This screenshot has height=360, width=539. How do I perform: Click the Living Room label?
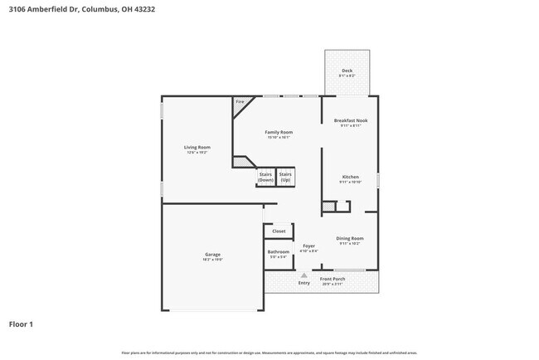tap(197, 148)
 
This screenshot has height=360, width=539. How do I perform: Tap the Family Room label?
tap(279, 132)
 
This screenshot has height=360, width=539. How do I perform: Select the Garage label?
tap(213, 254)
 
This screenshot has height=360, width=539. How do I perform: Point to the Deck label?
tap(347, 71)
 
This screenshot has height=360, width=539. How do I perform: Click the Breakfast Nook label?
tap(351, 120)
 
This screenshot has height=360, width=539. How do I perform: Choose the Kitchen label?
tap(351, 177)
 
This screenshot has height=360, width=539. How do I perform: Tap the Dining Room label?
tap(350, 238)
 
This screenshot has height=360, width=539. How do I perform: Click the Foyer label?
tap(308, 246)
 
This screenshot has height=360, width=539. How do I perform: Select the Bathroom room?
tap(279, 253)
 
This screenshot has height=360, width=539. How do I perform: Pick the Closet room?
tap(279, 231)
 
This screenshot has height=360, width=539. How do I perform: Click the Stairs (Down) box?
tap(265, 177)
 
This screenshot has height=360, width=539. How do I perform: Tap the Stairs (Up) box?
tap(285, 177)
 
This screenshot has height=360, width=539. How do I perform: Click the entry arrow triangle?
tap(304, 275)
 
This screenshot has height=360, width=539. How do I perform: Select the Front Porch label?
tap(333, 279)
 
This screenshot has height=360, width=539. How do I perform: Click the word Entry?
tap(304, 283)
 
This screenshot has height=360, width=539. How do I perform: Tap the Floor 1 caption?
tap(22, 324)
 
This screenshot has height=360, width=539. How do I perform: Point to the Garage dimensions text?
tap(213, 260)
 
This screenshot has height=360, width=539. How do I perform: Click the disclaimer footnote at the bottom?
tap(269, 353)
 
